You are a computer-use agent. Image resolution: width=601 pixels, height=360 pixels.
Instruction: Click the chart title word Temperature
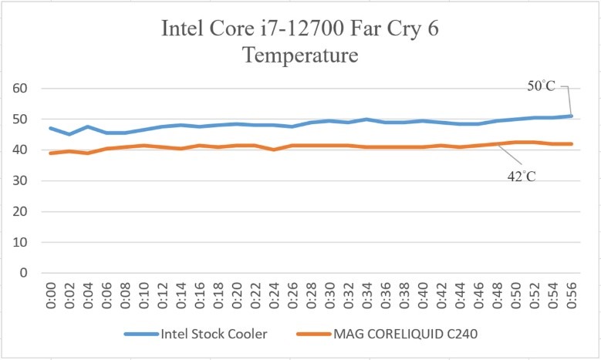(x=300, y=56)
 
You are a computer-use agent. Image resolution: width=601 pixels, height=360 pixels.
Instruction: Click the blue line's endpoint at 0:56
(x=572, y=116)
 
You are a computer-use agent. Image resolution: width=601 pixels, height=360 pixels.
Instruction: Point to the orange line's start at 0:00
(x=52, y=153)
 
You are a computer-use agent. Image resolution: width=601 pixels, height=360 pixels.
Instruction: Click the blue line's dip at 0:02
(x=70, y=134)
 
